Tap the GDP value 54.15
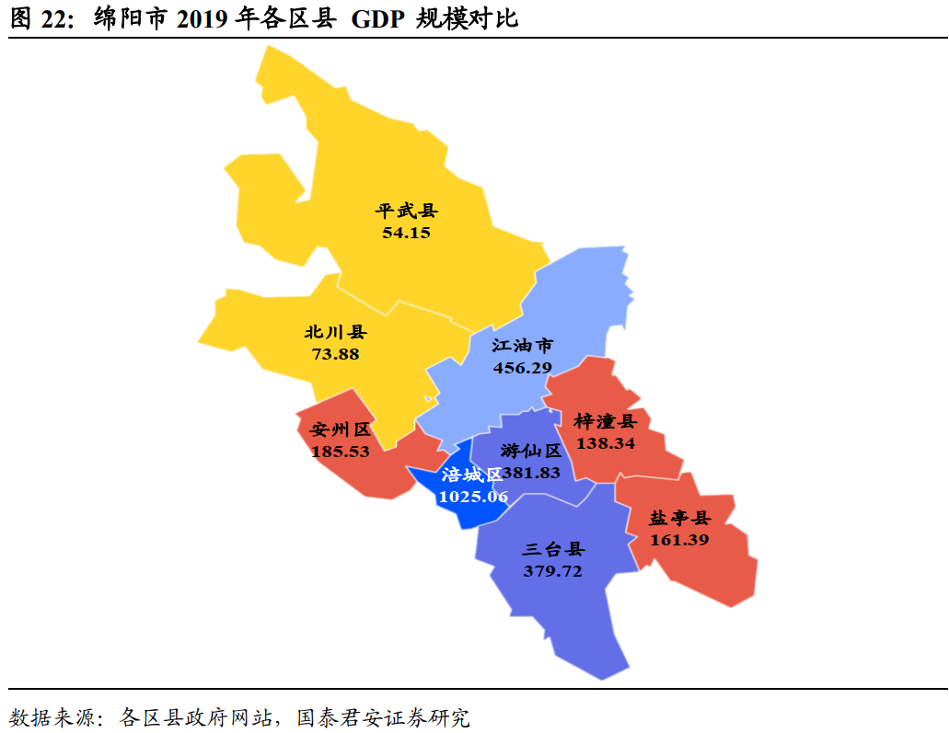click(x=407, y=233)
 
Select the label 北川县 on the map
click(x=335, y=332)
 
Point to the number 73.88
click(x=335, y=353)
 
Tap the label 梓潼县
click(x=605, y=421)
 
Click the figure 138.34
click(x=606, y=443)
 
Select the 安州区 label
click(x=341, y=429)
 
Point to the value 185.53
click(x=341, y=452)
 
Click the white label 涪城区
click(x=472, y=475)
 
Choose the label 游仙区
click(x=532, y=451)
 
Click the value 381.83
click(x=531, y=473)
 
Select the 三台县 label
click(x=553, y=550)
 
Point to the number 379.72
click(x=553, y=571)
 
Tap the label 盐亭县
click(x=680, y=518)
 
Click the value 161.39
click(x=680, y=540)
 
